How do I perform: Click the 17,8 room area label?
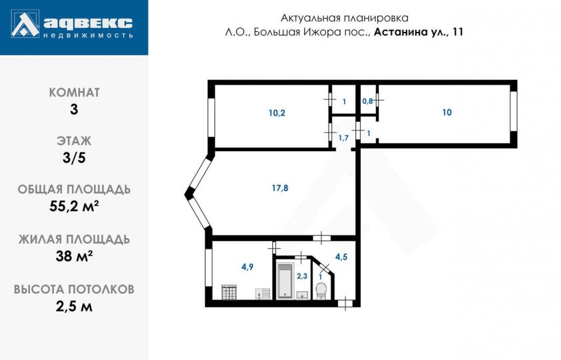(x=280, y=188)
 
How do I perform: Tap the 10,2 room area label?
(x=277, y=113)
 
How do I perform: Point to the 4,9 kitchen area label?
(x=248, y=267)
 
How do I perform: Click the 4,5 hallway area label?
(x=341, y=257)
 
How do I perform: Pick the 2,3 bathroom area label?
(x=302, y=276)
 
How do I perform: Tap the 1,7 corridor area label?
(x=343, y=138)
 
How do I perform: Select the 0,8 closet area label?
(x=367, y=101)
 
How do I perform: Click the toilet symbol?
(x=321, y=291)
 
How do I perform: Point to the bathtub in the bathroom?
(x=285, y=281)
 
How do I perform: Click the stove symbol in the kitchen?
(x=229, y=292)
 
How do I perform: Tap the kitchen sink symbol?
(x=262, y=294)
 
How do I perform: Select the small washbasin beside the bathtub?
(x=301, y=295)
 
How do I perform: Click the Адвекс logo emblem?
(x=25, y=25)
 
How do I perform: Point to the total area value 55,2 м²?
(x=74, y=206)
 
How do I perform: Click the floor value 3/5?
(x=74, y=158)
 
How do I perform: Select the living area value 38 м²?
(x=74, y=256)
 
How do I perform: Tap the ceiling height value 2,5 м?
(x=74, y=306)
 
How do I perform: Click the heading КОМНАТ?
(x=74, y=92)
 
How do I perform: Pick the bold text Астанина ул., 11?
(x=419, y=32)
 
